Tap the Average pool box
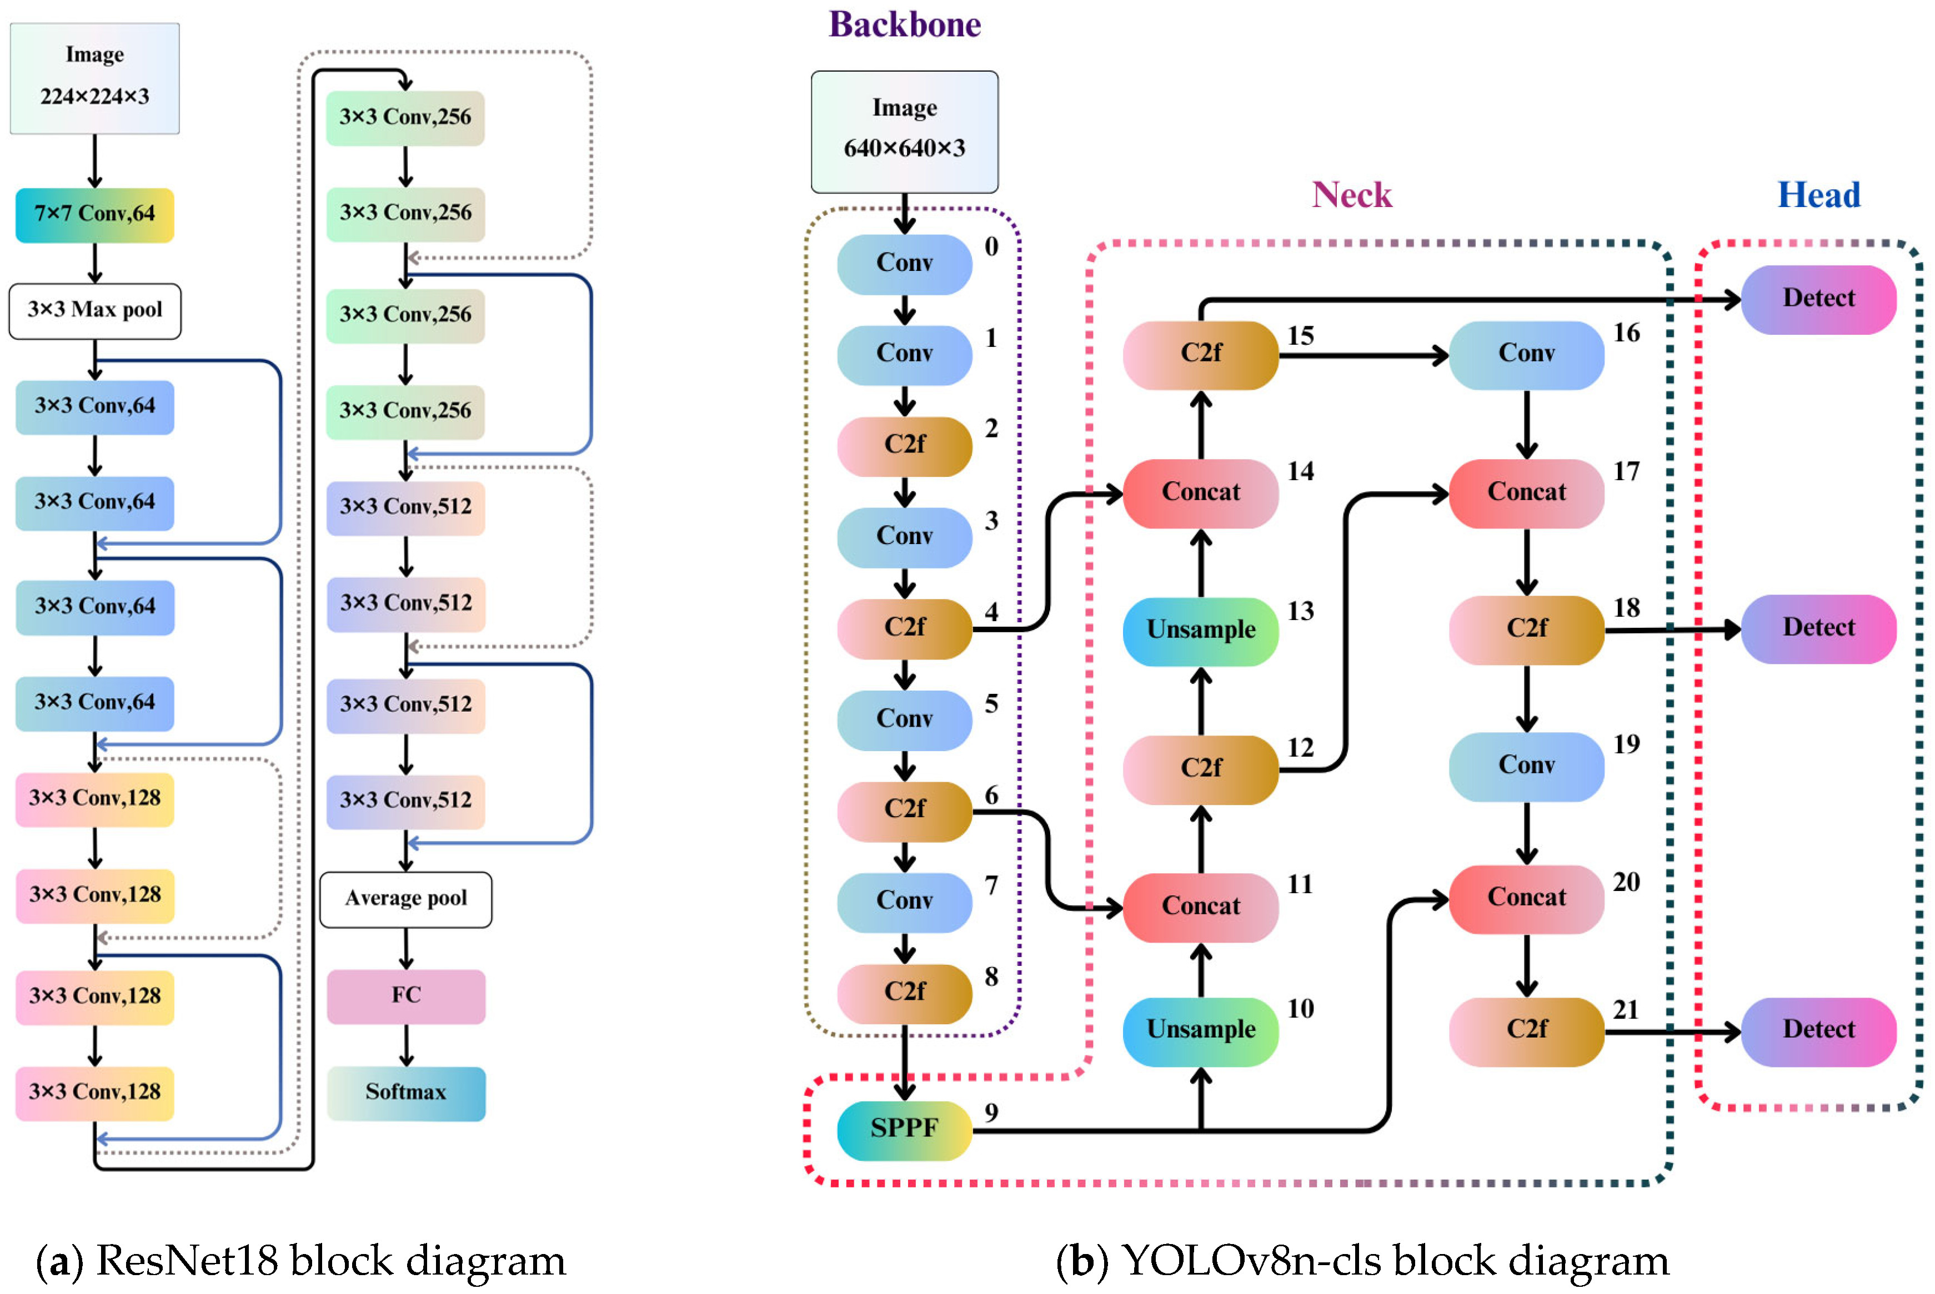405,899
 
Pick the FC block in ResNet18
405,995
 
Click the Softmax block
405,1092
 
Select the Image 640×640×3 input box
904,130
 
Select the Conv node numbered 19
1526,766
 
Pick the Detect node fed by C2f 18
1818,628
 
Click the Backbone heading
904,25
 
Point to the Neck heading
1351,195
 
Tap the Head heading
1818,195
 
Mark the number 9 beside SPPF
991,1112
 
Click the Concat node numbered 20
1526,898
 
